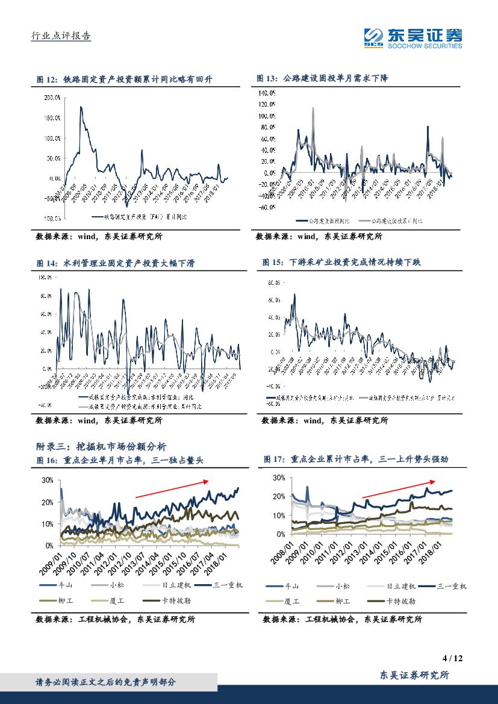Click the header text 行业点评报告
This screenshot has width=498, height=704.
(x=60, y=36)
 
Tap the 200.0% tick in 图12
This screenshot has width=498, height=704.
(x=52, y=97)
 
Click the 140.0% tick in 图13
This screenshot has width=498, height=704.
(x=267, y=93)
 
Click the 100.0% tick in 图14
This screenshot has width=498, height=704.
(x=45, y=278)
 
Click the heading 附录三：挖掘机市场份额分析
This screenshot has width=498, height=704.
(x=101, y=446)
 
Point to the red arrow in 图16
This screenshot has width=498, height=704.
(x=172, y=488)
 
